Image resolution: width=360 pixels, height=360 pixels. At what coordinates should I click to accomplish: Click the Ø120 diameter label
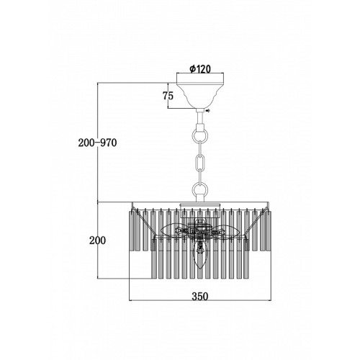click(x=200, y=69)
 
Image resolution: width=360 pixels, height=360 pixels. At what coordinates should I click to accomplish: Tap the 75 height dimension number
click(x=168, y=96)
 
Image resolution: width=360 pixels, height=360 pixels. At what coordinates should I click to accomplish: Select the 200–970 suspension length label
click(x=97, y=143)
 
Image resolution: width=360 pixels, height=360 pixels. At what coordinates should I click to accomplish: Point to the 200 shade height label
click(x=97, y=240)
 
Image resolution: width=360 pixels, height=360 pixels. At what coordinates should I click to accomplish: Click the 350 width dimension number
click(x=200, y=296)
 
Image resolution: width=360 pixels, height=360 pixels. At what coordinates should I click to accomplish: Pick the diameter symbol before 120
click(x=192, y=69)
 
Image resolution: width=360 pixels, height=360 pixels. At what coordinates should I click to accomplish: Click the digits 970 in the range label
click(x=109, y=143)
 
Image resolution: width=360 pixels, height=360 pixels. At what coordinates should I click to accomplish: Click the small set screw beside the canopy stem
click(x=207, y=111)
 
